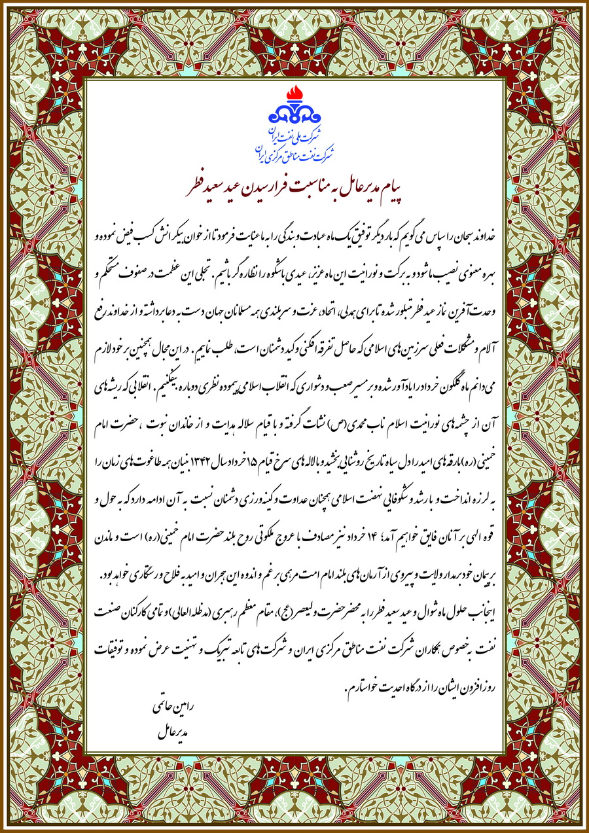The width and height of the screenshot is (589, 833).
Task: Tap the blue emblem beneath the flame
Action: (x=294, y=116)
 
